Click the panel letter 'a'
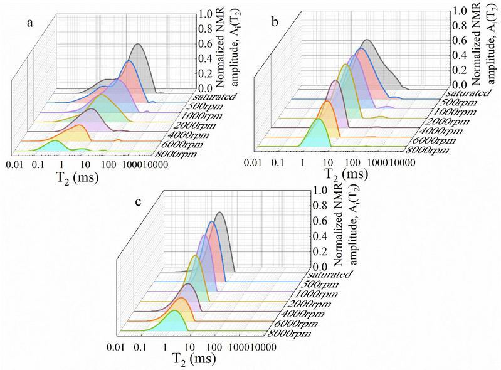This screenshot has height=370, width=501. pyautogui.click(x=30, y=23)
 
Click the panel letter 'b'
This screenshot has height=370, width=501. pyautogui.click(x=275, y=21)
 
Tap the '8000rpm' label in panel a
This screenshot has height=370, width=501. pyautogui.click(x=175, y=155)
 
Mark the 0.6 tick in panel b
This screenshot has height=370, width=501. pyautogui.click(x=459, y=41)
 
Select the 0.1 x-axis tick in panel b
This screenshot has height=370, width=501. pyautogui.click(x=278, y=162)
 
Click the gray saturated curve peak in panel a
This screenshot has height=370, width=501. pyautogui.click(x=138, y=44)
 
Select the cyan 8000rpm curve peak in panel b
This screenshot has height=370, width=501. pyautogui.click(x=319, y=119)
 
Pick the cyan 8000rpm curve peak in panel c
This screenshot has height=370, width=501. pyautogui.click(x=174, y=310)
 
